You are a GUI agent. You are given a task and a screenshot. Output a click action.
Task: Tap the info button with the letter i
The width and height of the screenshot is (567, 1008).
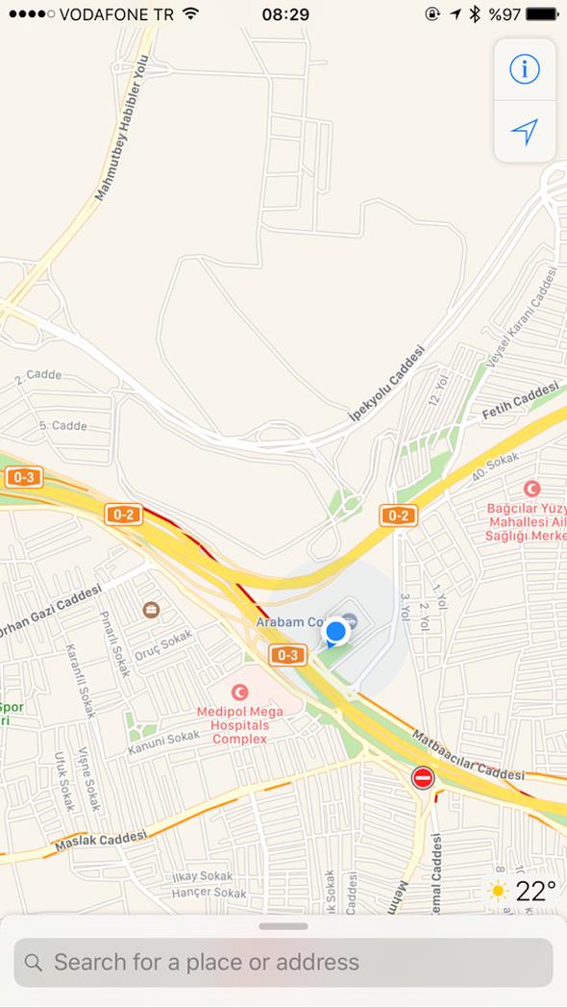click(525, 69)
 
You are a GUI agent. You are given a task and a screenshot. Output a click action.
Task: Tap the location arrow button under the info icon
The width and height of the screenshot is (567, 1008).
click(525, 132)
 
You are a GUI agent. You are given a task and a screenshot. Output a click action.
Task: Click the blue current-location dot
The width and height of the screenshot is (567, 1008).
click(335, 632)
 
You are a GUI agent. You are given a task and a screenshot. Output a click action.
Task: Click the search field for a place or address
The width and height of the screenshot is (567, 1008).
click(283, 962)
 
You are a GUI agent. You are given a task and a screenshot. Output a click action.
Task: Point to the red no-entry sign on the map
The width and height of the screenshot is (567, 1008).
click(423, 777)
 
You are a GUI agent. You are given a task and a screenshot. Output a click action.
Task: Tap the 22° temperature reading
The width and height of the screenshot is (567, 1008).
click(536, 892)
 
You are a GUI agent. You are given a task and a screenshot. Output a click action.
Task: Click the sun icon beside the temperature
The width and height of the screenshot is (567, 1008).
click(498, 892)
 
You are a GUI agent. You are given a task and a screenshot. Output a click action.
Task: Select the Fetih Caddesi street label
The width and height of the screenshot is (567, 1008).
click(520, 400)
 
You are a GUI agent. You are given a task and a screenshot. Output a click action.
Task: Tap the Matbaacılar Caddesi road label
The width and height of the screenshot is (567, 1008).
click(468, 756)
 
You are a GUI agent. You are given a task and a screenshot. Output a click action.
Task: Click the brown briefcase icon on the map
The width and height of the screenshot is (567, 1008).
click(151, 609)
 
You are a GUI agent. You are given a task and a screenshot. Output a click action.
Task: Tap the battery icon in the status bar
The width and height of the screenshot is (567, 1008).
click(542, 14)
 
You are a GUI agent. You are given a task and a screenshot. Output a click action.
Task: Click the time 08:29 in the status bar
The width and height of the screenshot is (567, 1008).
click(284, 14)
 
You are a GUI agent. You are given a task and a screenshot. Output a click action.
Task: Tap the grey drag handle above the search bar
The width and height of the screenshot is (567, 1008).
click(283, 926)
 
